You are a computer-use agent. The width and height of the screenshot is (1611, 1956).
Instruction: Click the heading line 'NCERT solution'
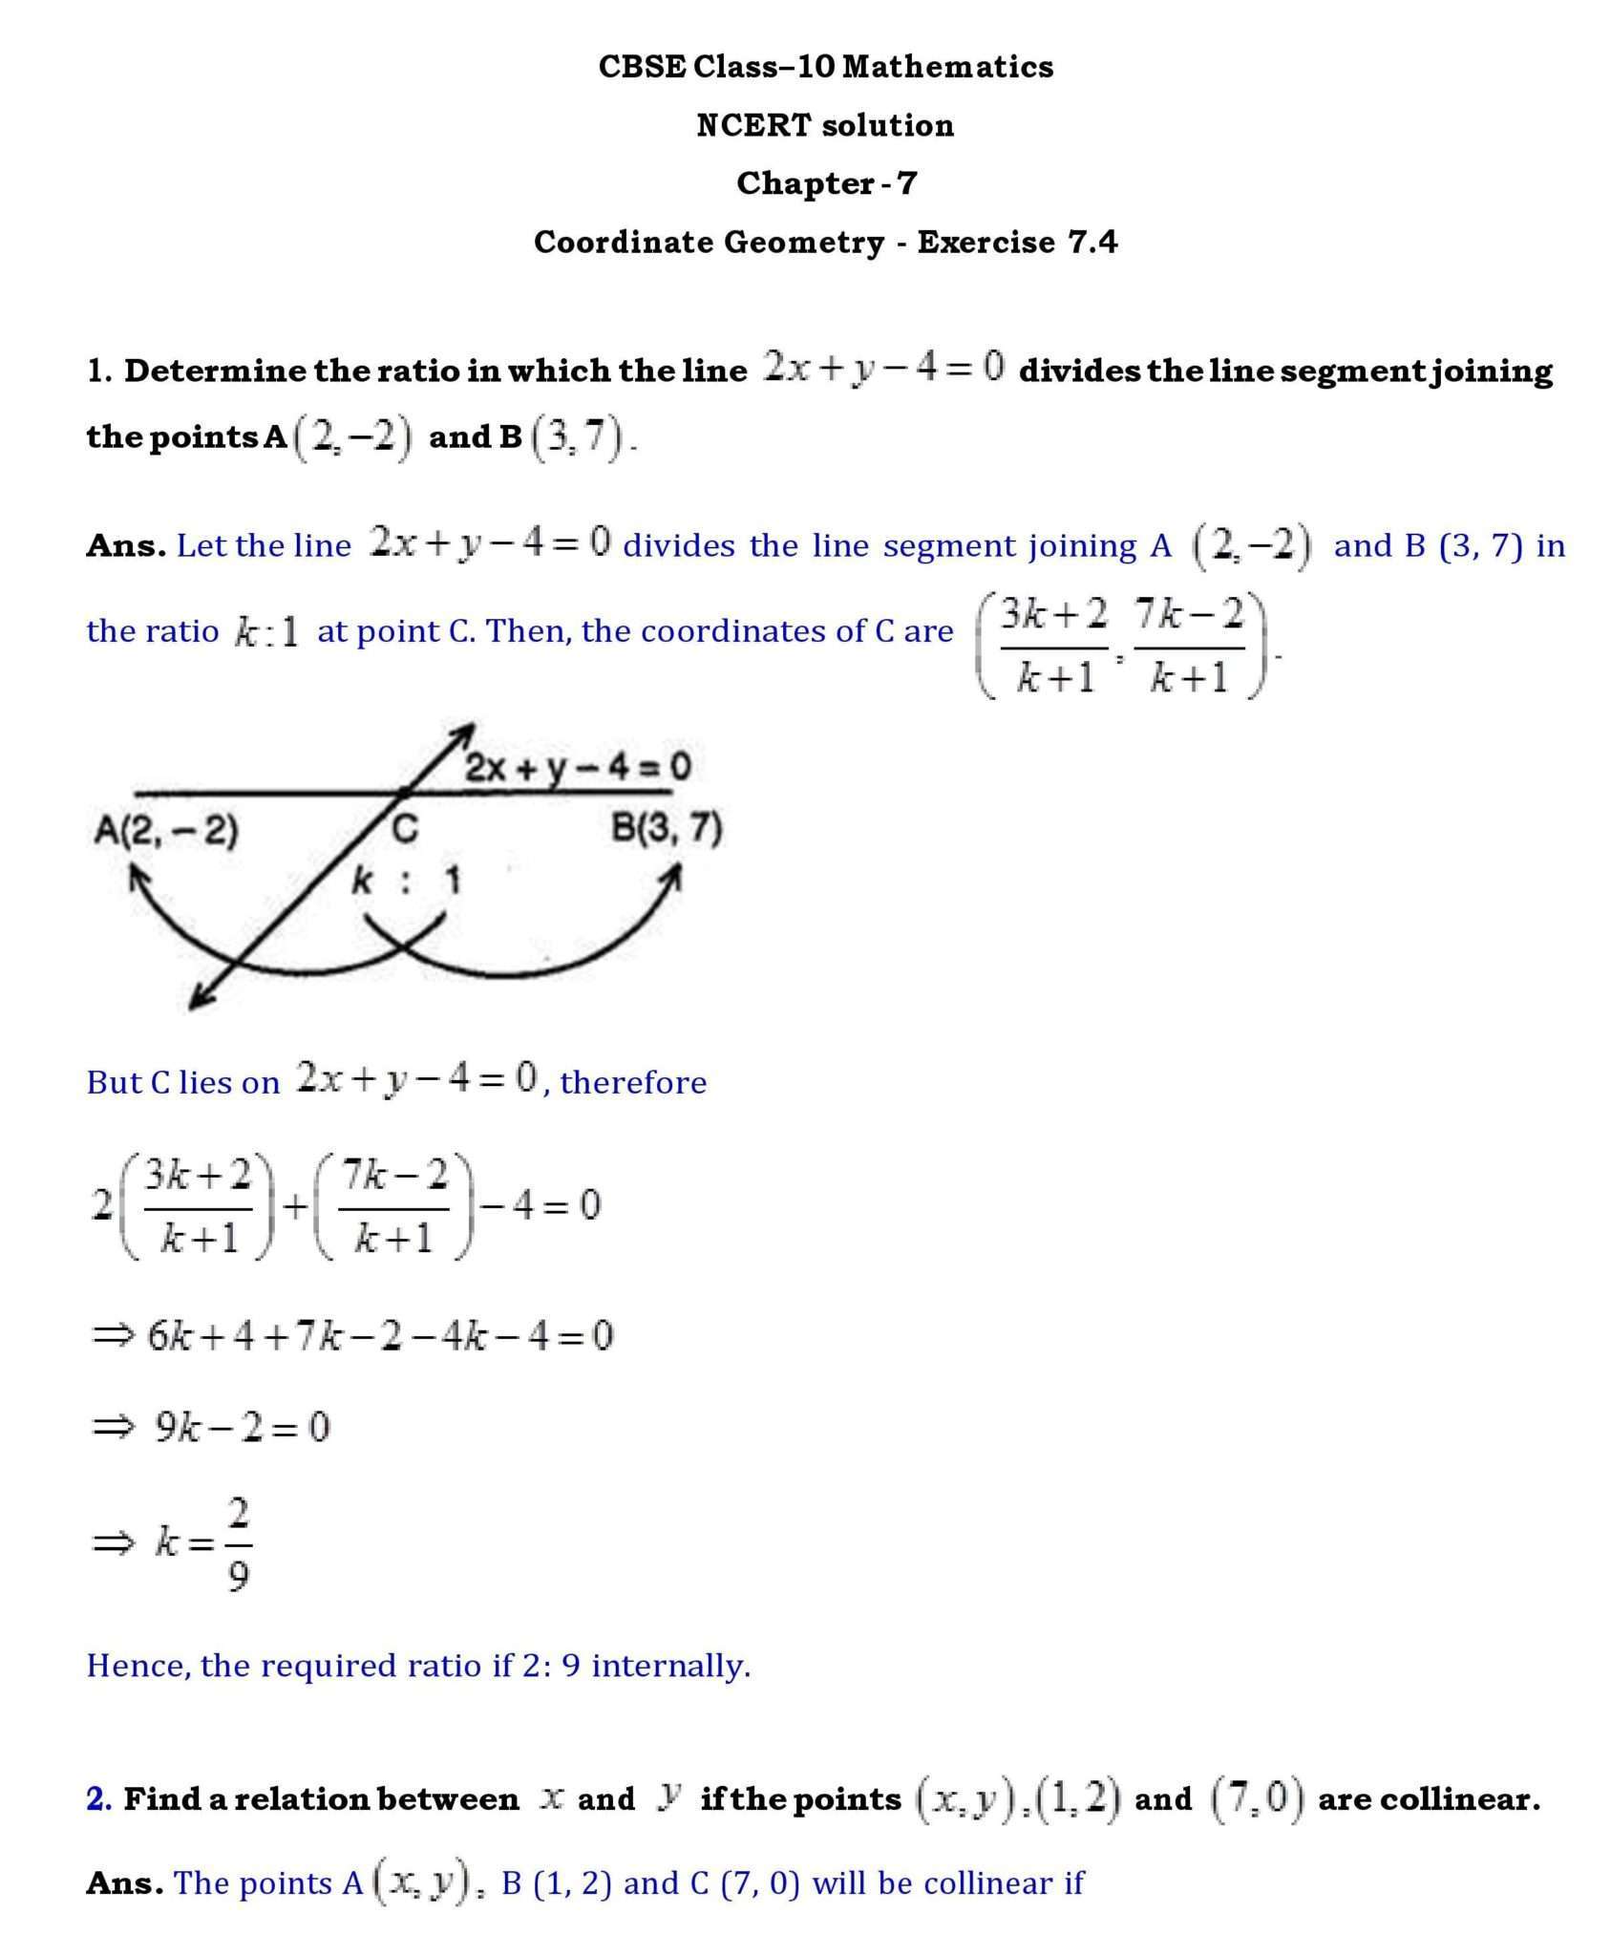pos(825,125)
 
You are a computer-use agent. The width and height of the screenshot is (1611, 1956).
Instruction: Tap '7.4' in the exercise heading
pos(1092,242)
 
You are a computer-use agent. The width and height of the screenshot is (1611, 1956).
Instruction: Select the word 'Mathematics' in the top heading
pos(948,66)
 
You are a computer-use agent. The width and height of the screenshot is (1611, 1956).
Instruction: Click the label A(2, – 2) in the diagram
pos(166,830)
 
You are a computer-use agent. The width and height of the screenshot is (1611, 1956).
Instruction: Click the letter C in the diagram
pos(406,830)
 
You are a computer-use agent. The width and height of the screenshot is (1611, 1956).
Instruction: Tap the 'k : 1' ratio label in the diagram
pos(406,881)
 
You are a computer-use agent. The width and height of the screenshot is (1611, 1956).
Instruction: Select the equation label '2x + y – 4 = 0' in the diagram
pos(578,767)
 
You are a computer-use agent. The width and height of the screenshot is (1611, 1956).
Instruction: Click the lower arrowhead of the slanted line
pos(198,998)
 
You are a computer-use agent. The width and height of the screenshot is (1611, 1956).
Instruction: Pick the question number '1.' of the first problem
pos(99,371)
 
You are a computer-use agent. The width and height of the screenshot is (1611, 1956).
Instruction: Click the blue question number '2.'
pos(99,1798)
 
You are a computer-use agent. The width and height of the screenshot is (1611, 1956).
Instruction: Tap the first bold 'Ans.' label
pos(125,545)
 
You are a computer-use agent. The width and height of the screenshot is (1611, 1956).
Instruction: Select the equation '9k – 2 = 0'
pos(242,1427)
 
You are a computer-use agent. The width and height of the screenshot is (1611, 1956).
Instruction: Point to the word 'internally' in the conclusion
pos(670,1665)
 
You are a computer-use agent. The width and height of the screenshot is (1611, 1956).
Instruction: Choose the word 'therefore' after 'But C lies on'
pos(633,1082)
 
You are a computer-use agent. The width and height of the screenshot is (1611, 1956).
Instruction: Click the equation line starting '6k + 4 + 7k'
pos(378,1335)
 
